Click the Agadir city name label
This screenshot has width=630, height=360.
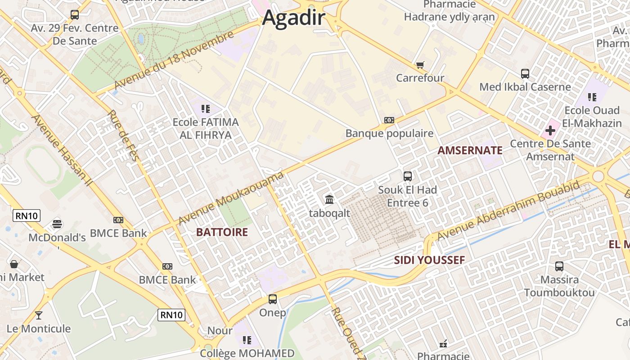(293, 18)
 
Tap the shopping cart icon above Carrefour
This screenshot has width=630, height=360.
(420, 65)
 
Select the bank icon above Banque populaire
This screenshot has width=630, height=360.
(389, 120)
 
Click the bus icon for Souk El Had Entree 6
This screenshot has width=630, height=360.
(408, 176)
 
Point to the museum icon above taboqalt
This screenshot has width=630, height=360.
(329, 199)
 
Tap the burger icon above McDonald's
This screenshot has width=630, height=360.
(57, 224)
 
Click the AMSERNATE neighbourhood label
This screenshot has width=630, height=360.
(470, 151)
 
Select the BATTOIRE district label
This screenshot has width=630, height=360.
(222, 232)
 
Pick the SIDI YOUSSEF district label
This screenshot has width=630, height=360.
(429, 260)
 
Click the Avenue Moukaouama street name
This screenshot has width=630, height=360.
(231, 198)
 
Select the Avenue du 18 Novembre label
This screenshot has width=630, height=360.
(174, 60)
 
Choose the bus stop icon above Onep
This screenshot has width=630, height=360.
(273, 299)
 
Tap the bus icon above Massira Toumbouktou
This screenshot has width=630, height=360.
(559, 266)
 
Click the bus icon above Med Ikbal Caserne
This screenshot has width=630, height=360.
(525, 74)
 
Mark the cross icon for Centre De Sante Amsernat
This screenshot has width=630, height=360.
(550, 131)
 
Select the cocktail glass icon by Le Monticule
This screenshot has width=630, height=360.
(39, 315)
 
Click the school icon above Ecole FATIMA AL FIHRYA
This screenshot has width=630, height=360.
(206, 108)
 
